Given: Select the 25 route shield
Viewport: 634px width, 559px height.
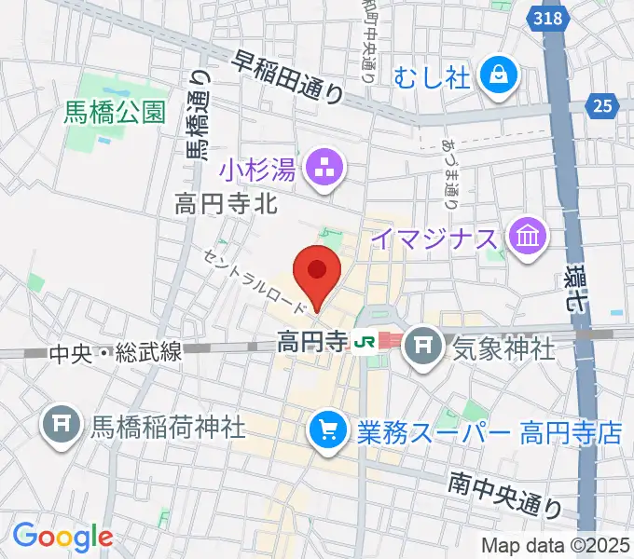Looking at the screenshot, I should tap(601, 106).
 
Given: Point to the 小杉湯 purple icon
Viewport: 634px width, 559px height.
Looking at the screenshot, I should tap(326, 170).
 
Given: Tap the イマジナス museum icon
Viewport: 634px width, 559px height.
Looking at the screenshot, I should tap(528, 239).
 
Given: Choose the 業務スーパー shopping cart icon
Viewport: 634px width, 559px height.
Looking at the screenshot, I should tap(327, 430).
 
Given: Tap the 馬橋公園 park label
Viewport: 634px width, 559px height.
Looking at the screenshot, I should tap(115, 113).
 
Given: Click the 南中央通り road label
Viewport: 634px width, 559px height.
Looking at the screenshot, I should tap(504, 495).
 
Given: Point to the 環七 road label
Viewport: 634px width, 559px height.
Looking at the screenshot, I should tap(577, 284).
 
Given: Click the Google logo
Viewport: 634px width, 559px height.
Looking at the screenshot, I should tap(62, 537).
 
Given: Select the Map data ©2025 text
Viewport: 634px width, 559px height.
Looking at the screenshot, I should tap(554, 546).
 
